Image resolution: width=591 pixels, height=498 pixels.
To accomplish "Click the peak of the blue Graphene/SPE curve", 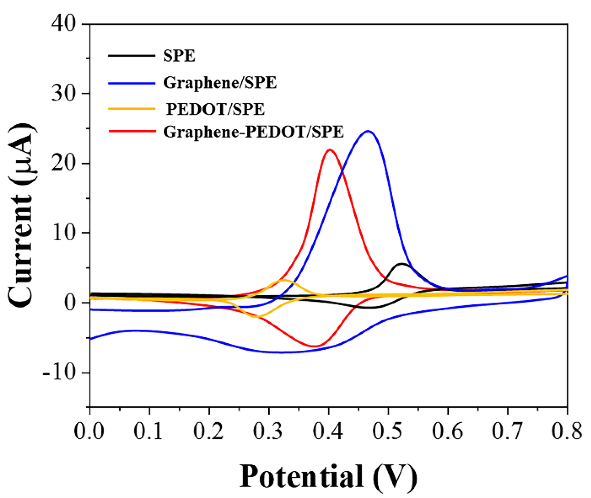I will (x=368, y=131).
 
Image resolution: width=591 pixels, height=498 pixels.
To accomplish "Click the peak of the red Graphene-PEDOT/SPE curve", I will (x=330, y=150).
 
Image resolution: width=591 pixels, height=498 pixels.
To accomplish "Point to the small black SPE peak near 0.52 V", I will (x=401, y=264).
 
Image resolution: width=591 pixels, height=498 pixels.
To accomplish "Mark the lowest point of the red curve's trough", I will (x=313, y=346).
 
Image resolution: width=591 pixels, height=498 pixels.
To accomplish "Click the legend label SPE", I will (x=179, y=56).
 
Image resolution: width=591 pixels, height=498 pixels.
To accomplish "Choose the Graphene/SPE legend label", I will (x=220, y=82).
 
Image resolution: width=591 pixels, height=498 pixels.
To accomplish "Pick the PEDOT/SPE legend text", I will (x=215, y=109).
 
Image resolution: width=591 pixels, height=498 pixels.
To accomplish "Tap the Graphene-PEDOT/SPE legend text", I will (x=253, y=132).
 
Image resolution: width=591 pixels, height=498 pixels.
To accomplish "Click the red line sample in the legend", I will (x=132, y=131).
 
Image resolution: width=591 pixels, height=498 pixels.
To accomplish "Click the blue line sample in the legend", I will (x=132, y=83).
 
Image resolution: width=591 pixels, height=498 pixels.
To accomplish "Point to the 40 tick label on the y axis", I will (x=63, y=23).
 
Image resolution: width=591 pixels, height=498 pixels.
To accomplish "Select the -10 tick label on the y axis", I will (x=59, y=373).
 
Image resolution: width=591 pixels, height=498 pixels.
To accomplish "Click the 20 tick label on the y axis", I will (x=63, y=163).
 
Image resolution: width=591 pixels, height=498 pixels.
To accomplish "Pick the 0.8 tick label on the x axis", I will (x=567, y=431).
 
